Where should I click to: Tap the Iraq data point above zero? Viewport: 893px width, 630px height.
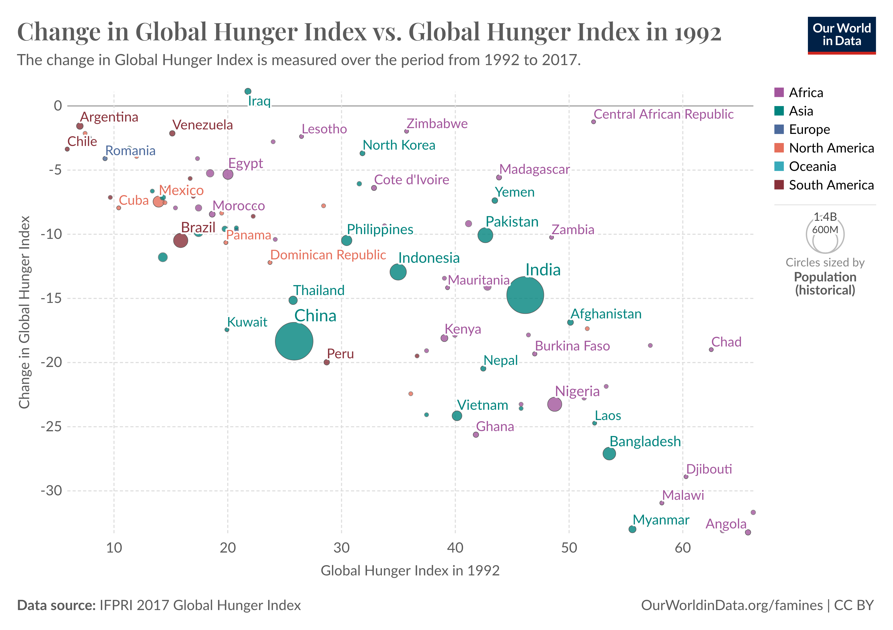248,91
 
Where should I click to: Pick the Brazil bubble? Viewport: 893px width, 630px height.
180,240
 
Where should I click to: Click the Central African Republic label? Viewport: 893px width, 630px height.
663,114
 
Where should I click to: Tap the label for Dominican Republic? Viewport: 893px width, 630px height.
328,255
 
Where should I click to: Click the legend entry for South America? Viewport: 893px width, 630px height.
831,185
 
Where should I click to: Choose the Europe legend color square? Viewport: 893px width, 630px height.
779,129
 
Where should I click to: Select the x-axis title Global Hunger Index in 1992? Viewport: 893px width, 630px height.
410,570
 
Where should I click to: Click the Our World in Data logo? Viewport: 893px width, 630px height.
842,35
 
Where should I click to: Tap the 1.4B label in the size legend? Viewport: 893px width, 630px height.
825,217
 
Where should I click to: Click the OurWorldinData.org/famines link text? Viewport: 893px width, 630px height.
731,605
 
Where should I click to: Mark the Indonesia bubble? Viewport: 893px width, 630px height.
398,272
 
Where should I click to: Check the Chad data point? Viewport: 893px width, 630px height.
711,350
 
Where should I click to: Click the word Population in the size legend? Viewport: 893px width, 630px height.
825,277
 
